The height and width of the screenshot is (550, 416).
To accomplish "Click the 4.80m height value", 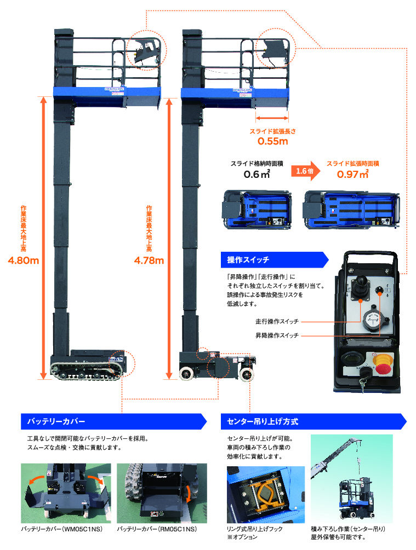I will click(x=24, y=260).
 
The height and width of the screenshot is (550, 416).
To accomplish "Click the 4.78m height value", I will click(x=149, y=260).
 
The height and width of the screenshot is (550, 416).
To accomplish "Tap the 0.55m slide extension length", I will click(x=273, y=141).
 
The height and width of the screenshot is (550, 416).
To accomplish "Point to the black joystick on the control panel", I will click(x=361, y=286).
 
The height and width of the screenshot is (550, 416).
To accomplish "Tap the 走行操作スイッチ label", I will click(x=277, y=322).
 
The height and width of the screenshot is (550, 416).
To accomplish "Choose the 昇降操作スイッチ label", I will click(x=277, y=335).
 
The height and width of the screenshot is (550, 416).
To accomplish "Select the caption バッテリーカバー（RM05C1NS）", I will click(x=157, y=529).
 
